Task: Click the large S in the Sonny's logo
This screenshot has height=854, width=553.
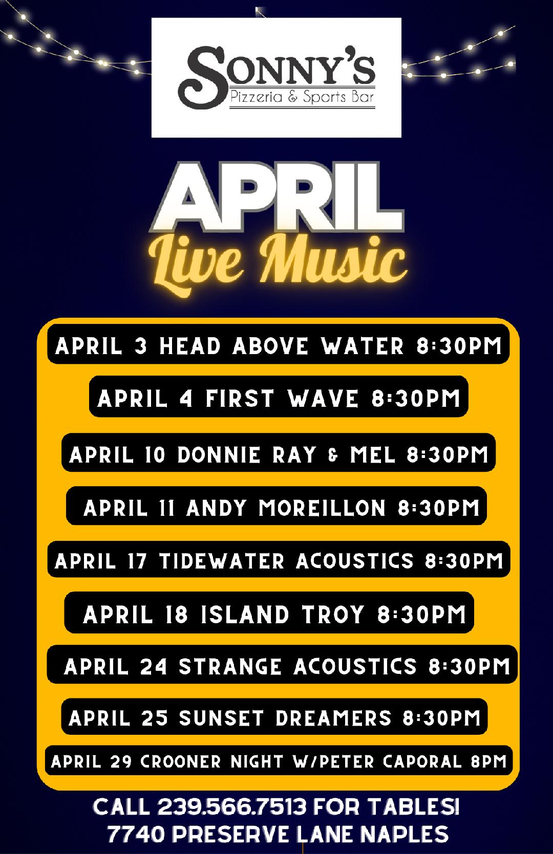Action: click(202, 77)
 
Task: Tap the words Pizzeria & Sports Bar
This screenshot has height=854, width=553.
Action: click(302, 97)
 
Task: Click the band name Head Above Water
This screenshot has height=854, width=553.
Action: click(281, 346)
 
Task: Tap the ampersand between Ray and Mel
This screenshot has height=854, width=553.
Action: click(333, 455)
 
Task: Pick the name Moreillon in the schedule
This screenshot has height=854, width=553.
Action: click(322, 508)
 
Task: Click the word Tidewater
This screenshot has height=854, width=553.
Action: click(222, 561)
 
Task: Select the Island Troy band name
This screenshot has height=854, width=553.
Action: click(282, 614)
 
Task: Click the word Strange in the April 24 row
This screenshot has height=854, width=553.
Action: click(230, 667)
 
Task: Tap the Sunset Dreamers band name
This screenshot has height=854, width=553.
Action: click(285, 718)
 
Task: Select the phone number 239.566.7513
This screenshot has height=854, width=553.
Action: click(232, 807)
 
